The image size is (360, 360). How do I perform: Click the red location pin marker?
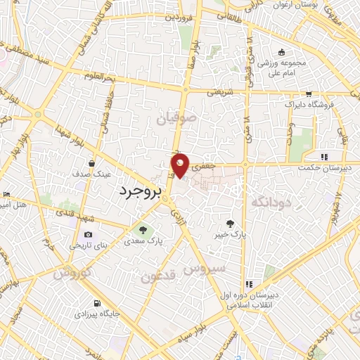(181, 165)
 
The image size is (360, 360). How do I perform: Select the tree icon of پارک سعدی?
(143, 229)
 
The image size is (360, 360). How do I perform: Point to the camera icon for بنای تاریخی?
(88, 235)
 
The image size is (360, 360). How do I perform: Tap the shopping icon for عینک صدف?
(92, 164)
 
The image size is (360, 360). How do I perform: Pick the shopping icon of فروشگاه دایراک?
(309, 94)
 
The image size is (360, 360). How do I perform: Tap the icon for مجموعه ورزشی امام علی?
(281, 52)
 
